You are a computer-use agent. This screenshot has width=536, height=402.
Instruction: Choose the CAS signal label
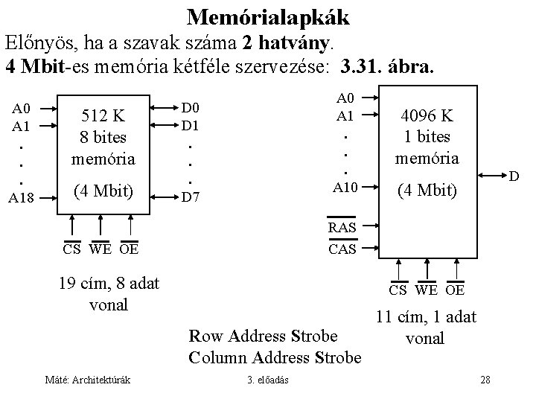tap(343, 249)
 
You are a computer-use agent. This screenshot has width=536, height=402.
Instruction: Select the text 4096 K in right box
tap(427, 117)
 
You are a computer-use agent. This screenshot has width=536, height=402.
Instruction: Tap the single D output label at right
tap(514, 178)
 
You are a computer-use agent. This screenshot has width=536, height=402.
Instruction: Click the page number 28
tap(485, 380)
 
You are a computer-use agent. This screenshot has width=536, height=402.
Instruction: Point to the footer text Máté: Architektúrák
tap(87, 380)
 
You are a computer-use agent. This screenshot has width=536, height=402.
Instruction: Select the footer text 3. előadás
tap(269, 380)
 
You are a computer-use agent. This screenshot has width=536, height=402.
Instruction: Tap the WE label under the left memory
tap(100, 249)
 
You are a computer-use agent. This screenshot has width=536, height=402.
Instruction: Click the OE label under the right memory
tap(456, 290)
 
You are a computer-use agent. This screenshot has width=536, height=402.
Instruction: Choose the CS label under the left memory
tap(71, 249)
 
